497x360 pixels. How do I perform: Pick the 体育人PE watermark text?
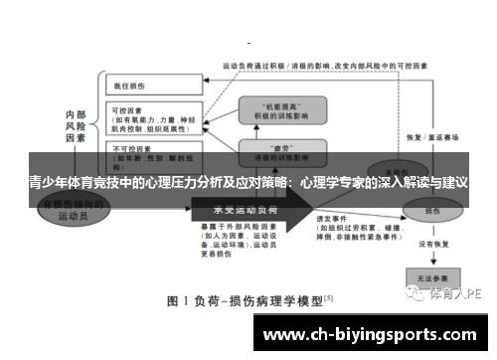click(x=458, y=293)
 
